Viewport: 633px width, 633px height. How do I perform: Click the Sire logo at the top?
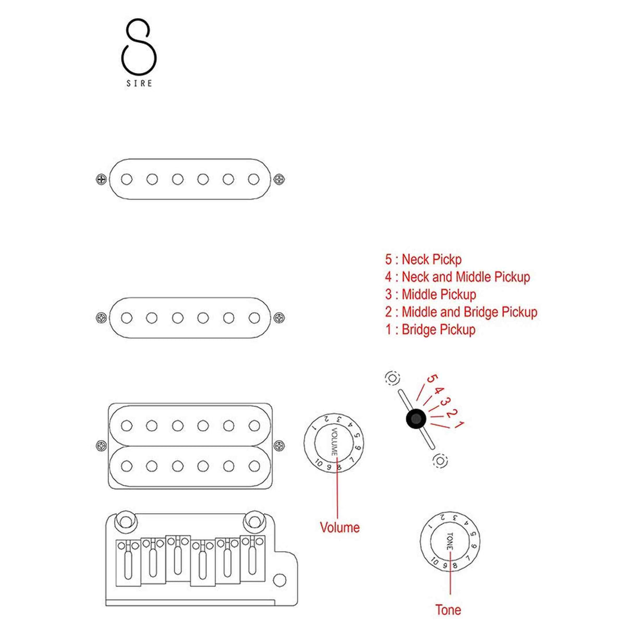[139, 52]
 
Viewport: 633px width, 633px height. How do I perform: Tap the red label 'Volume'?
[339, 527]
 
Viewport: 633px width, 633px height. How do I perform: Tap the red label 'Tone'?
[448, 610]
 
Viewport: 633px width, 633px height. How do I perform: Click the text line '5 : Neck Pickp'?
[423, 259]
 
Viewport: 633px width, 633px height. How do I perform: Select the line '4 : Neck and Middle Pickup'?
[457, 277]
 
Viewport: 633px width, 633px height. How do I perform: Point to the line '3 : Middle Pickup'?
[430, 295]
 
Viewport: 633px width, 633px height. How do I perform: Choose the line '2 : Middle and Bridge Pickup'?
[461, 312]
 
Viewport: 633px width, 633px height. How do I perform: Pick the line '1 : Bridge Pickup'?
[430, 330]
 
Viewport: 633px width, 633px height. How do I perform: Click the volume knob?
[334, 443]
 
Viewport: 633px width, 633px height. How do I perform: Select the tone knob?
[449, 541]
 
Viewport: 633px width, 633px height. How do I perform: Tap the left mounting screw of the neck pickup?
[101, 179]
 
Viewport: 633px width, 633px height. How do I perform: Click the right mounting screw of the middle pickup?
[279, 318]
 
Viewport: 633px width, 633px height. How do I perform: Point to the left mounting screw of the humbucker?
[101, 446]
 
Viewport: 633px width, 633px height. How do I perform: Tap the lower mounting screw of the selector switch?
[440, 460]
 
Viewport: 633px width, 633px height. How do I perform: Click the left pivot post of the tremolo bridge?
[126, 521]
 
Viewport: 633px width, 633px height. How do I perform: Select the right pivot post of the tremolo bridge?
[254, 521]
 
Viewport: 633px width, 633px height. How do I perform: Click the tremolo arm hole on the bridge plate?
[280, 580]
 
